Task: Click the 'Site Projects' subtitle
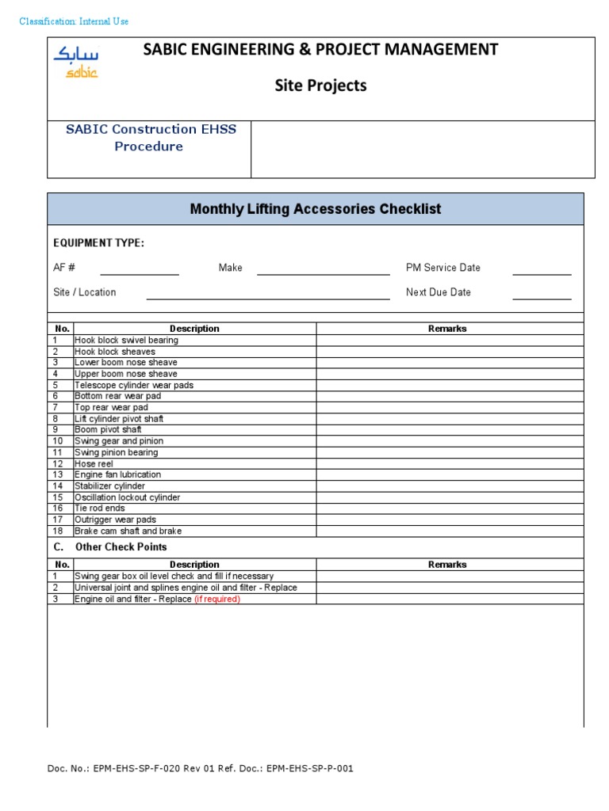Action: tap(320, 86)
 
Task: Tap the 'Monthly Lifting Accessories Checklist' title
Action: tap(316, 209)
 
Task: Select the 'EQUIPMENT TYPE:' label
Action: tap(98, 243)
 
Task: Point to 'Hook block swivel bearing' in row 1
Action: tap(126, 340)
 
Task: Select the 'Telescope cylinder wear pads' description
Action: tap(133, 385)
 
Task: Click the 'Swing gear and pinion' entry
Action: tap(116, 441)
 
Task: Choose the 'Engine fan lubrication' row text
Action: tap(117, 474)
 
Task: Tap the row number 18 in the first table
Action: tap(57, 531)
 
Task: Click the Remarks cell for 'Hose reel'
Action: tap(450, 463)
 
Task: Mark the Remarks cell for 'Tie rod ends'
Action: tap(450, 508)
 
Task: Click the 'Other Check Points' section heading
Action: tap(121, 547)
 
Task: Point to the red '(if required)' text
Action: tap(216, 600)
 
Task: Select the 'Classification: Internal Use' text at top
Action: tap(74, 21)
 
